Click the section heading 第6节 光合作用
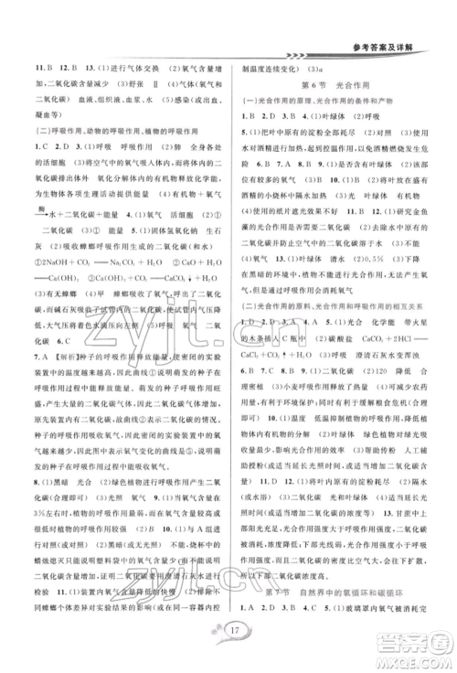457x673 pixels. coord(329,83)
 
